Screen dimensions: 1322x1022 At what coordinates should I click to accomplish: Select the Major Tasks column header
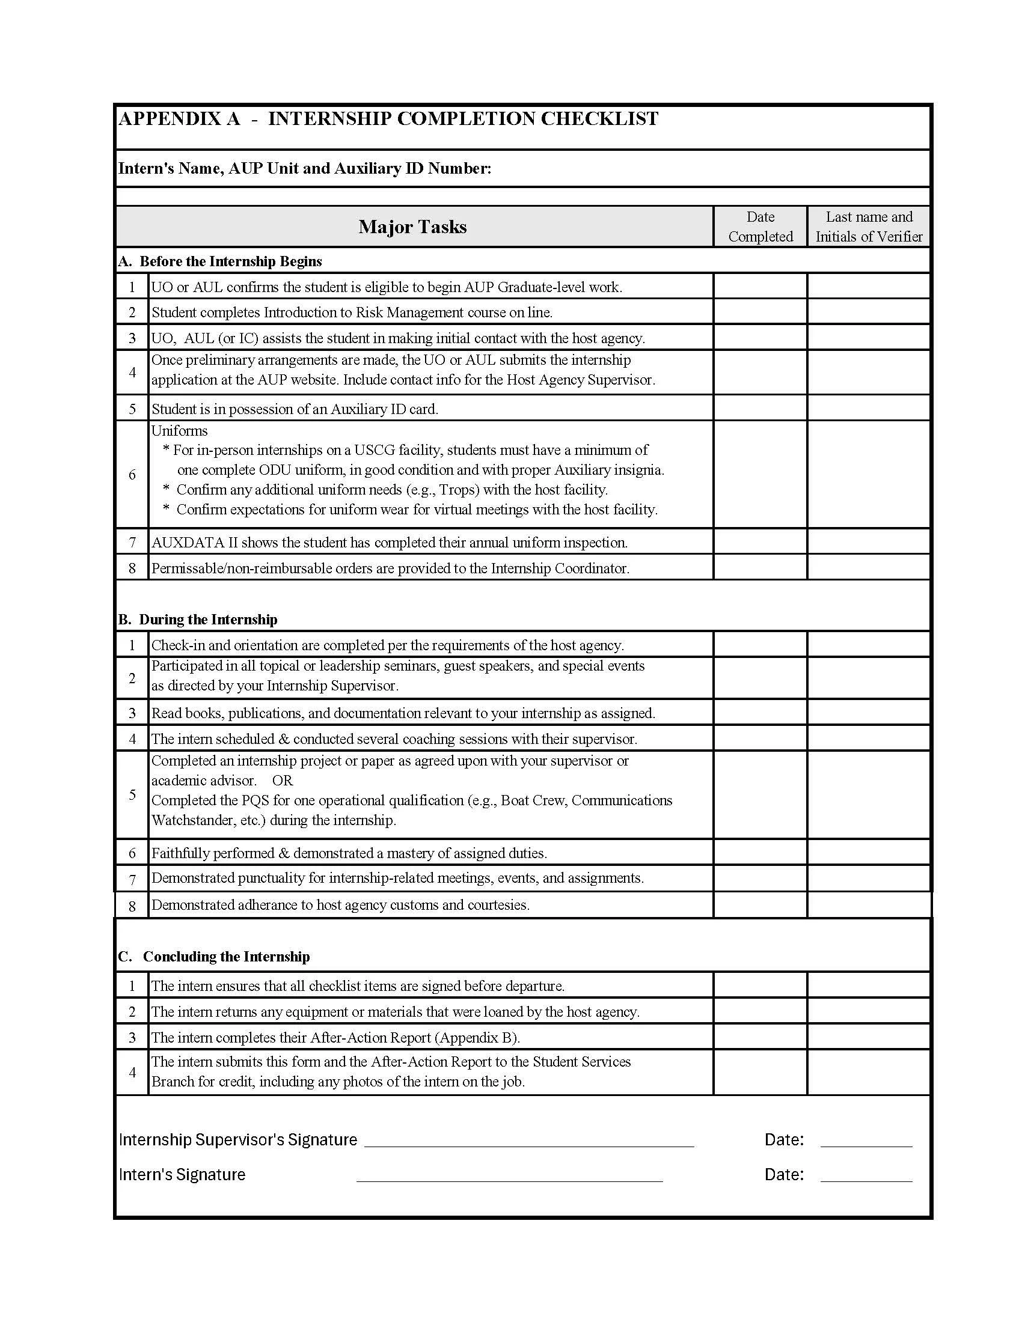(x=412, y=227)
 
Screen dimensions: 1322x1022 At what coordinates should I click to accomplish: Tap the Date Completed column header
(x=760, y=227)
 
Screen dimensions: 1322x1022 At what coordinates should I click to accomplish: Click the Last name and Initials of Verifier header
(x=868, y=227)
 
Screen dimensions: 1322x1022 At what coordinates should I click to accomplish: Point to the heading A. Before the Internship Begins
(x=221, y=261)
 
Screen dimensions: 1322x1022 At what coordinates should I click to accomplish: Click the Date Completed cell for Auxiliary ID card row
(x=760, y=409)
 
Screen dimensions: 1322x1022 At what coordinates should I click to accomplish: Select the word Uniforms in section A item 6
(x=179, y=431)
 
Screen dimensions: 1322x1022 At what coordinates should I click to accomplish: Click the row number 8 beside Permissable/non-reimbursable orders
(x=132, y=568)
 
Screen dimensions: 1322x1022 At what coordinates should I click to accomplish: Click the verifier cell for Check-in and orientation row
(x=868, y=645)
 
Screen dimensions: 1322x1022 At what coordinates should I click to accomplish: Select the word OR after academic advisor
(x=282, y=781)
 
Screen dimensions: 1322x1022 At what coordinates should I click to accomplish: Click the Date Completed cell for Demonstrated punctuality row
(x=760, y=879)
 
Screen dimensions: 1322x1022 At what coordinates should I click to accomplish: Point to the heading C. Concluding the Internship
(x=215, y=957)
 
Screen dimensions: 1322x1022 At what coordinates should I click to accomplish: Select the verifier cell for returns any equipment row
(x=868, y=1011)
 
